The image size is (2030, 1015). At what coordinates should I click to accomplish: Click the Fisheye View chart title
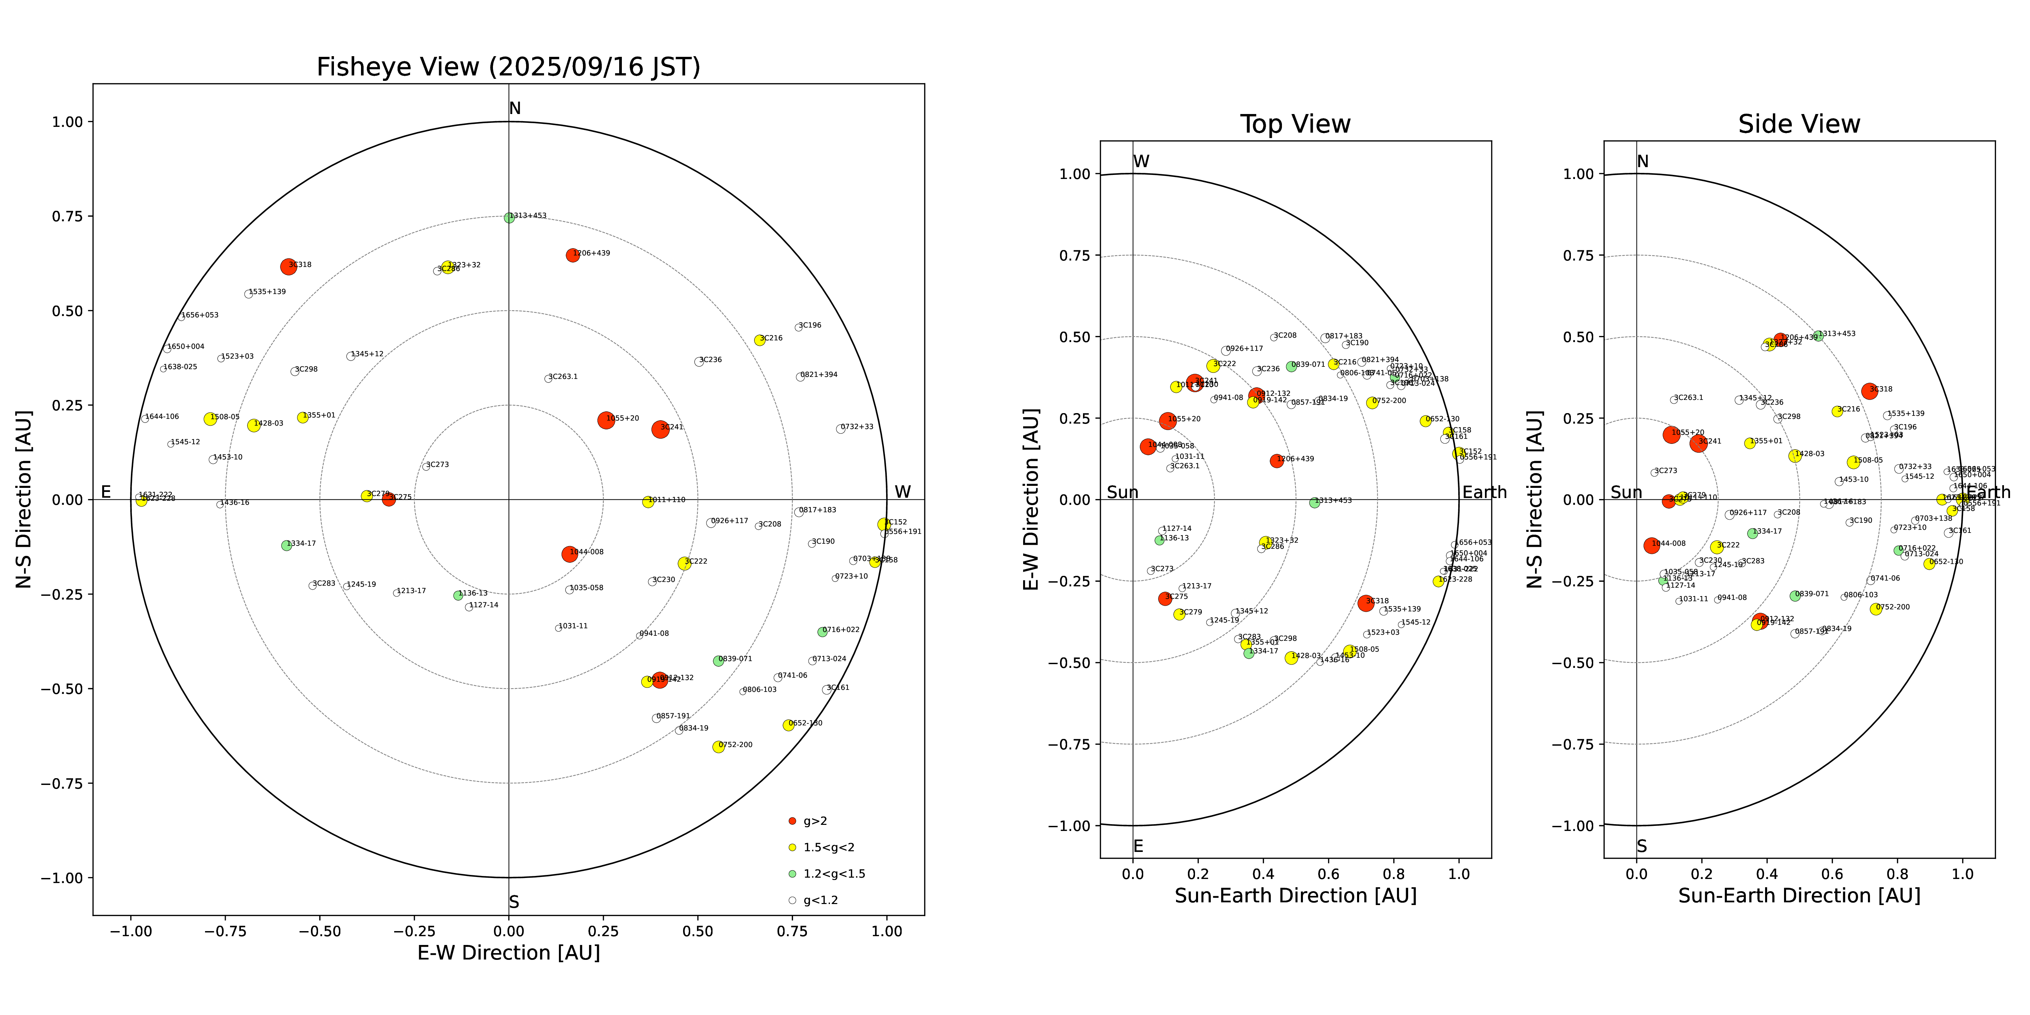pyautogui.click(x=508, y=67)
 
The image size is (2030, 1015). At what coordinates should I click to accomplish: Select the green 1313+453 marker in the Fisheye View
pyautogui.click(x=509, y=218)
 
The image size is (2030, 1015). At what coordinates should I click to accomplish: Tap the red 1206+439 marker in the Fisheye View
pyautogui.click(x=573, y=255)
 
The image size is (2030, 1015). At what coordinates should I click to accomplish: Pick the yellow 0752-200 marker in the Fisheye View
pyautogui.click(x=718, y=746)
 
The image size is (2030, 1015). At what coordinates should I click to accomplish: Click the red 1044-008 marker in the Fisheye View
pyautogui.click(x=569, y=554)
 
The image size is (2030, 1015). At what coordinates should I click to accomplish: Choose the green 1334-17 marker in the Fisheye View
pyautogui.click(x=286, y=545)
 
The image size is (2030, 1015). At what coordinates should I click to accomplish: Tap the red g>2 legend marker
pyautogui.click(x=792, y=821)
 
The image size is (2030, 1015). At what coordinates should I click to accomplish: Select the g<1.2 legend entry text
pyautogui.click(x=820, y=900)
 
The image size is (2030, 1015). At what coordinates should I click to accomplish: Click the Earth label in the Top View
pyautogui.click(x=1484, y=493)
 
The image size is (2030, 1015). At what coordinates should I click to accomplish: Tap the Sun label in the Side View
pyautogui.click(x=1626, y=493)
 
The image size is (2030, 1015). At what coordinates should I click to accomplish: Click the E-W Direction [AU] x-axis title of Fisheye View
pyautogui.click(x=508, y=953)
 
